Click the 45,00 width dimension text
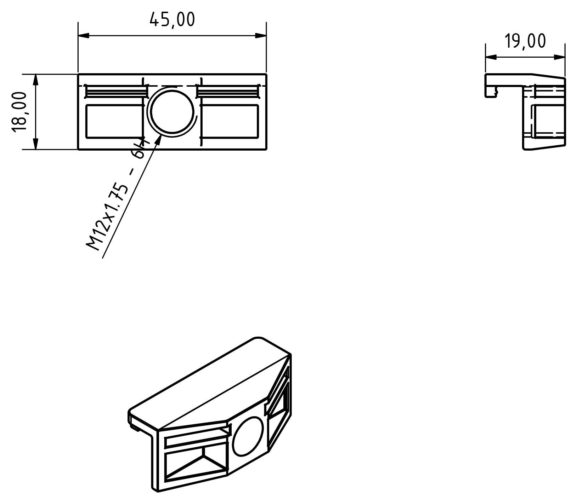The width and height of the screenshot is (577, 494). coord(172,20)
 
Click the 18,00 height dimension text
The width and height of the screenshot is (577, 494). coord(19,112)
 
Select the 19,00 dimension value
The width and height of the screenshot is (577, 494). coord(525,41)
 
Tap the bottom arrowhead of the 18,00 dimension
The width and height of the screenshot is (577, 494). coord(35,144)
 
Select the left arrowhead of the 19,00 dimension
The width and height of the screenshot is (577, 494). coord(491,57)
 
